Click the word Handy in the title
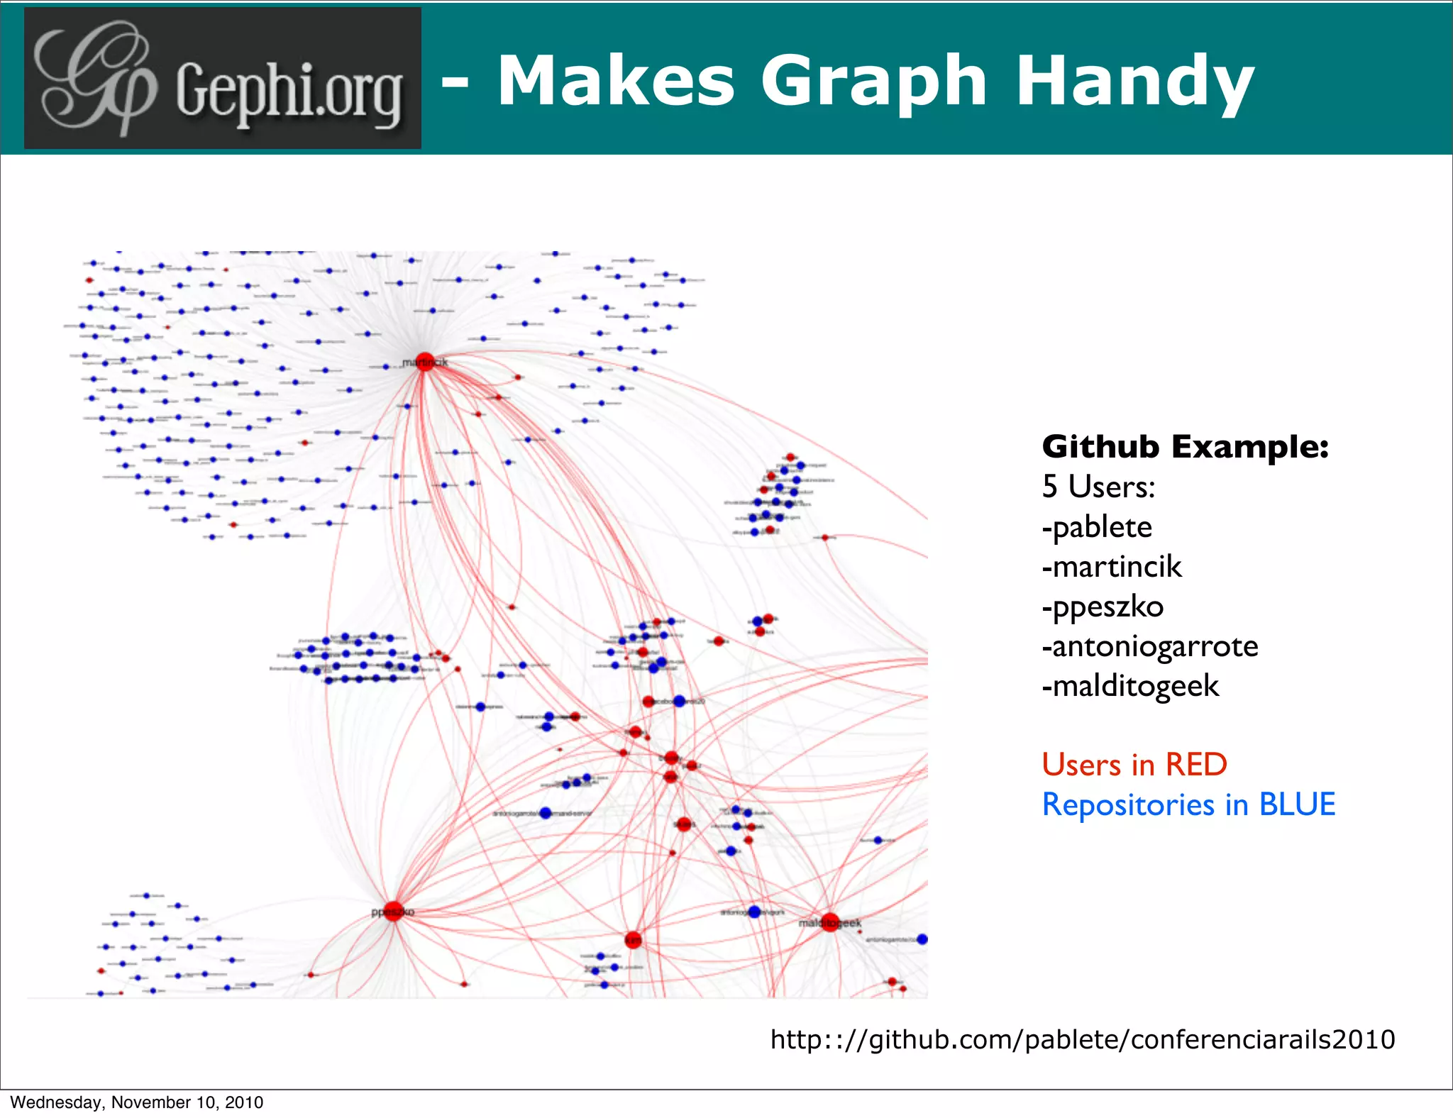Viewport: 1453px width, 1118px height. point(1135,82)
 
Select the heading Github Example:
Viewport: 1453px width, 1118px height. point(1185,447)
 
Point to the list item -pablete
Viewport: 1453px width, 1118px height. point(1097,527)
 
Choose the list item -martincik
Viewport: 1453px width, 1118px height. point(1112,567)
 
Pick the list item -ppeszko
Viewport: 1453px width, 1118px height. point(1103,607)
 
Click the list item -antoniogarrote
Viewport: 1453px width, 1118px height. point(1150,646)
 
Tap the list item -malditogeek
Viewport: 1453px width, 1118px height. point(1130,686)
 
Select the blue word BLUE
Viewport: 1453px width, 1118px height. point(1297,804)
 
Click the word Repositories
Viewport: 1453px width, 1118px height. point(1128,805)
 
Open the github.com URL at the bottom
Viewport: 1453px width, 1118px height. point(1083,1039)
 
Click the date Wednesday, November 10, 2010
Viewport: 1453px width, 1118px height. point(136,1102)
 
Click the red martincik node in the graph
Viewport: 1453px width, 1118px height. point(424,362)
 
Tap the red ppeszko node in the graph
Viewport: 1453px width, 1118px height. point(394,910)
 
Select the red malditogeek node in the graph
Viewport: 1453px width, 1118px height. point(830,922)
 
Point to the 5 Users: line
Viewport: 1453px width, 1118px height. point(1098,487)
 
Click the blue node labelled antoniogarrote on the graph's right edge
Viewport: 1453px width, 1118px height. point(922,939)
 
